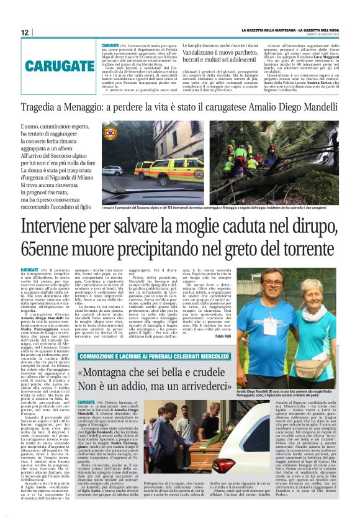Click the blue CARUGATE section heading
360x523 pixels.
[47, 66]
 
